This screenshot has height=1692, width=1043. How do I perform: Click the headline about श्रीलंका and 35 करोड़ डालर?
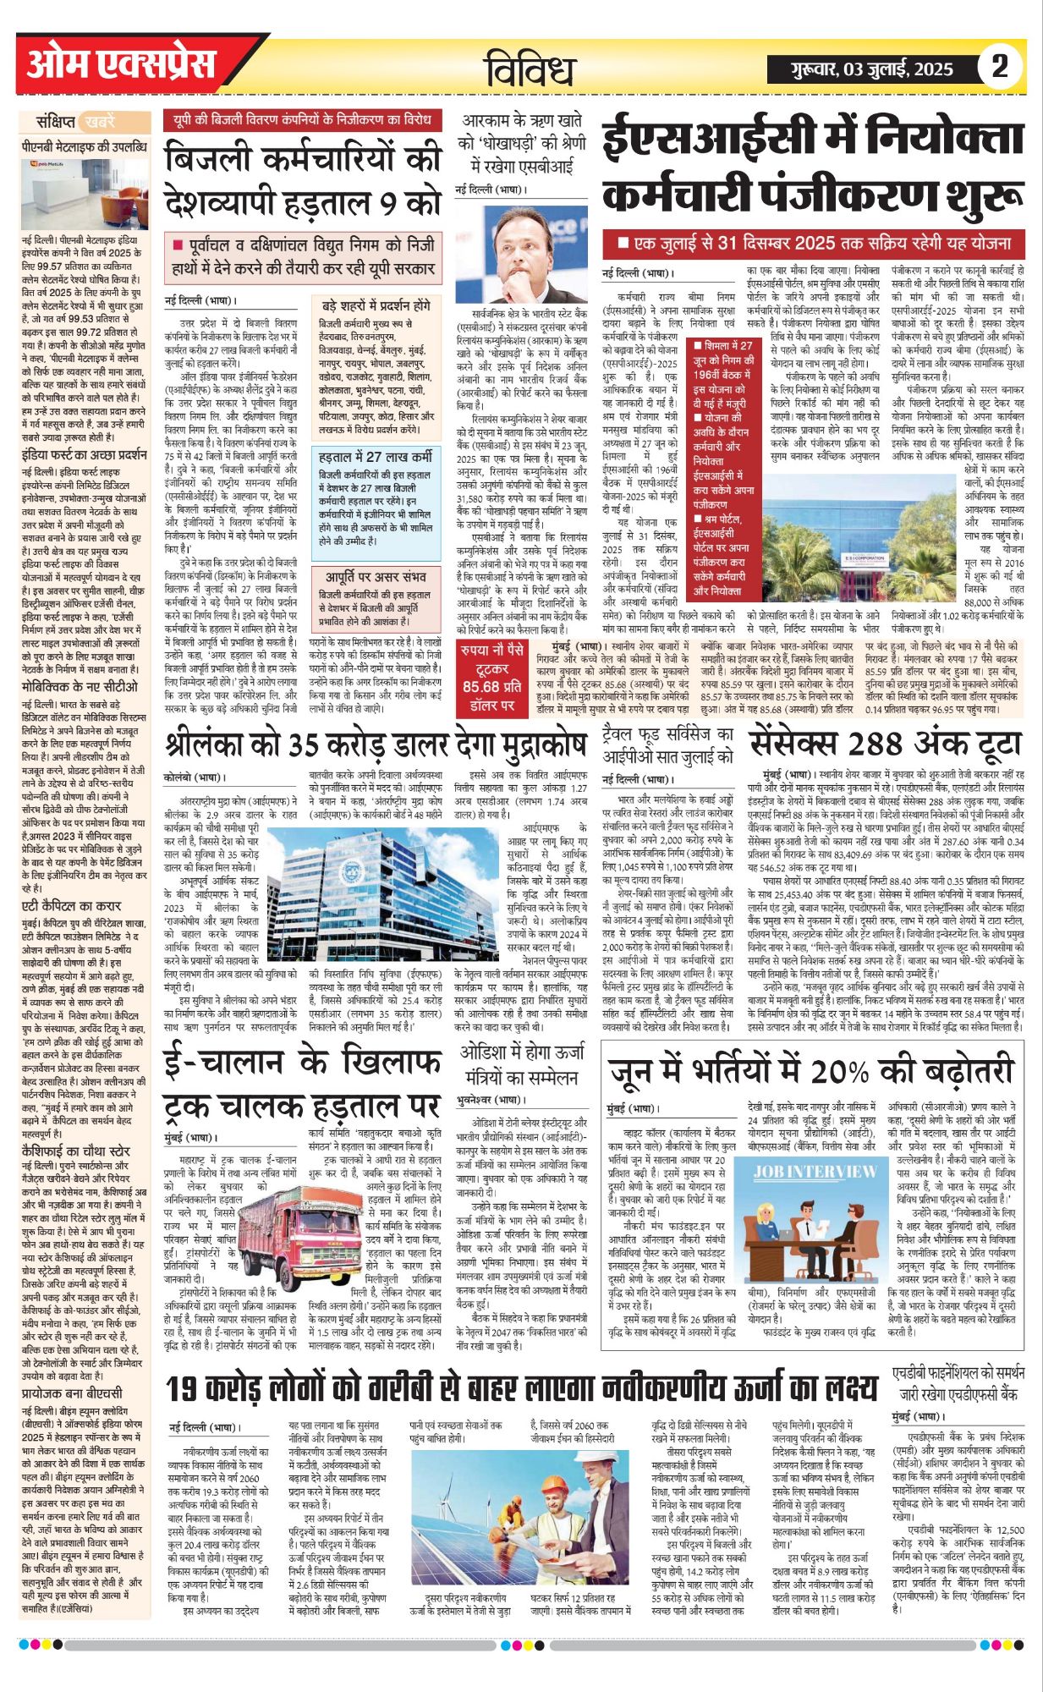376,743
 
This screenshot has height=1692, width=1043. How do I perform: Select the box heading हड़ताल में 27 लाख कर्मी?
376,458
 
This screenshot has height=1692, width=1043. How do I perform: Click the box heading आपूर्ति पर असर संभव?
376,577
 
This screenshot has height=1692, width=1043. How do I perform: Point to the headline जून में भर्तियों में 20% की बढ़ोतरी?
810,1071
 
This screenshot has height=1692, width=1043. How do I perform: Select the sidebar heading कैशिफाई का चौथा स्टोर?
76,1151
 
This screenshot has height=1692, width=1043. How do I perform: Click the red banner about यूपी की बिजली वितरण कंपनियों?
302,120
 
